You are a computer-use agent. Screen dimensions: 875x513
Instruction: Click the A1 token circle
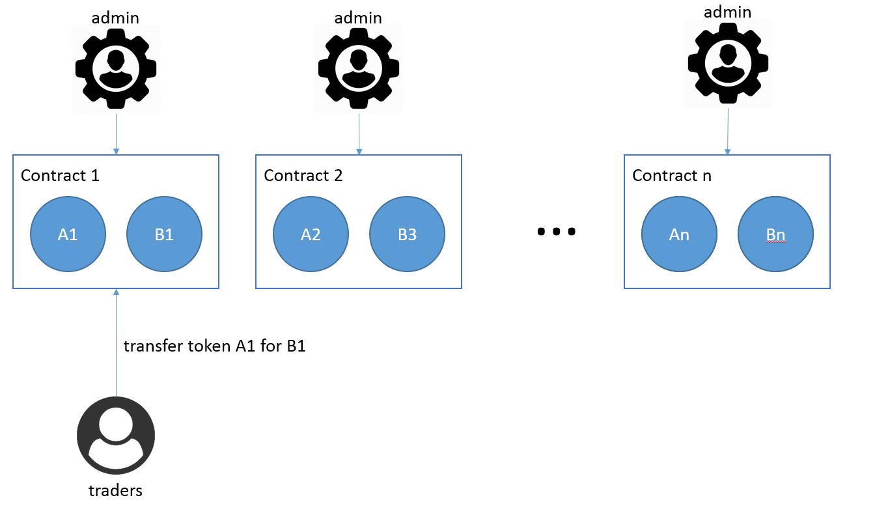(68, 234)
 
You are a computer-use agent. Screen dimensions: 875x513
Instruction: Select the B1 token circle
(165, 234)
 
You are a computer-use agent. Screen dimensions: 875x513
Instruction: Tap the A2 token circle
(311, 234)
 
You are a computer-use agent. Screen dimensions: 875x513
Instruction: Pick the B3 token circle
(408, 234)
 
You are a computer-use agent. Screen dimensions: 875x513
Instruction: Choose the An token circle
(679, 234)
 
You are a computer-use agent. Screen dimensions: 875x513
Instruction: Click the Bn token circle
(776, 234)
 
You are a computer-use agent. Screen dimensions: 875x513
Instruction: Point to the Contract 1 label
(60, 175)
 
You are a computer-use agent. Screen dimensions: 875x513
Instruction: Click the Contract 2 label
(303, 175)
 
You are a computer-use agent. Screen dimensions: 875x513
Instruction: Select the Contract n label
(672, 175)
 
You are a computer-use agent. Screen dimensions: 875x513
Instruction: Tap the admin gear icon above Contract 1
(116, 69)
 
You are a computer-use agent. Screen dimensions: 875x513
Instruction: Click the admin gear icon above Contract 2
(359, 69)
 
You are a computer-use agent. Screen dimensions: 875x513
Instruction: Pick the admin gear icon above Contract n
(728, 63)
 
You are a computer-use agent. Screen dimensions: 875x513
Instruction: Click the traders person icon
(116, 436)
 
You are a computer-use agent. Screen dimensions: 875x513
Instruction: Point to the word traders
(116, 490)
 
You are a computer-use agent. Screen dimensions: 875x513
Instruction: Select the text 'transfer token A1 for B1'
(214, 346)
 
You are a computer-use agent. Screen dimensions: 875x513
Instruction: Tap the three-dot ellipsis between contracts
(556, 232)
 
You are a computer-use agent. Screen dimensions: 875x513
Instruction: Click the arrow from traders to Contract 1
(116, 342)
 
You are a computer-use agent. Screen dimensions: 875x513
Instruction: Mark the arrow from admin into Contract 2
(359, 134)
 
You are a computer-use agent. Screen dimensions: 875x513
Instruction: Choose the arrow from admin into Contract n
(728, 132)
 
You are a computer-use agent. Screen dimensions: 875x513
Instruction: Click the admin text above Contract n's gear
(727, 12)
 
